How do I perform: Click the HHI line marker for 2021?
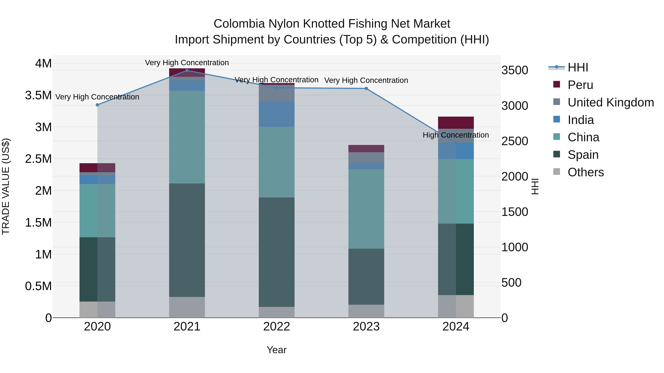coord(187,70)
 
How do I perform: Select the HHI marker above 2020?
coord(97,105)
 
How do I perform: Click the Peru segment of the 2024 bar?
coord(456,122)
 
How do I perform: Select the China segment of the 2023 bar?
coord(366,209)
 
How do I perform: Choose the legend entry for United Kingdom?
coord(610,102)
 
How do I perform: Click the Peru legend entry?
coord(580,85)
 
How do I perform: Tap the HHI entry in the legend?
coord(577,67)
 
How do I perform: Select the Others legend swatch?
coord(556,172)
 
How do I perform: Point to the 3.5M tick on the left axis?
coord(38,95)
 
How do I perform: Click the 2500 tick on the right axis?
coord(514,141)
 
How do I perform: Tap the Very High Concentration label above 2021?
coord(187,63)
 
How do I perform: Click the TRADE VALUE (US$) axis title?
coord(6,186)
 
